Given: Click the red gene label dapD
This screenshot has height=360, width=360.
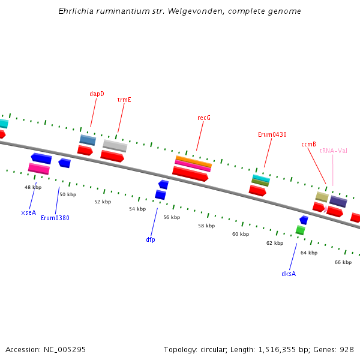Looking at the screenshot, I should tap(97, 94).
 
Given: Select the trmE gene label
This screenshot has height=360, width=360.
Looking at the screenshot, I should tap(124, 100).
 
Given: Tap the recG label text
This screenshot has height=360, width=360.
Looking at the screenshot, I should tap(204, 118).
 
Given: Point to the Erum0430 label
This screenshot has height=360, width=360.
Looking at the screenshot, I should tap(272, 134).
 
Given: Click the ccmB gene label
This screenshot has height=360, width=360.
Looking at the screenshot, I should tap(308, 144).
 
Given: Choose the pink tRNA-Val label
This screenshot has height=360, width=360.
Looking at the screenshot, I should tap(334, 151).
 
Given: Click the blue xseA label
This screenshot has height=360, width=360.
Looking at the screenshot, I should tap(29, 212).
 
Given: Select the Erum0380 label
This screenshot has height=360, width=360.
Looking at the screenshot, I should tap(55, 218).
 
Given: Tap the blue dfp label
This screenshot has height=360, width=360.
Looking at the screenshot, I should tap(151, 239).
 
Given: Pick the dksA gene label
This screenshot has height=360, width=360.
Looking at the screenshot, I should tap(289, 274).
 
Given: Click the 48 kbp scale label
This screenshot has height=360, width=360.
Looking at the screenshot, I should tap(33, 187).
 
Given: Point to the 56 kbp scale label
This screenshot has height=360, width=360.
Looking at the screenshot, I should tap(172, 217).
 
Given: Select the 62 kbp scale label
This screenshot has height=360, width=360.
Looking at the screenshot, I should tap(275, 243).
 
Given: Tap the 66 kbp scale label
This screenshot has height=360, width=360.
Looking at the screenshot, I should tap(343, 262).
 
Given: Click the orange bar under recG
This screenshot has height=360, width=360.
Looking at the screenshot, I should tap(193, 161).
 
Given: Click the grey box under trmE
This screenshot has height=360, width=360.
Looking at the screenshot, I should tap(115, 146).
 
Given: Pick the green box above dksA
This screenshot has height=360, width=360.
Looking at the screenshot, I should tap(300, 230).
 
